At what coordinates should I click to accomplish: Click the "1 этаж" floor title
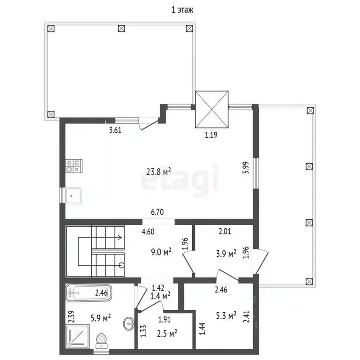point(182,10)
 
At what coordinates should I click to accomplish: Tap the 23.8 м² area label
point(158,172)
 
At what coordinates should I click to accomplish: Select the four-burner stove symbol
point(74,166)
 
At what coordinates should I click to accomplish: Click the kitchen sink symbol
point(74,196)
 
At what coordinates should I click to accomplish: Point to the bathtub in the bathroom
point(89,292)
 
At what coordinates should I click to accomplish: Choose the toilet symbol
point(101,340)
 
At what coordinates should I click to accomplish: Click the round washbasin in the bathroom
point(129,324)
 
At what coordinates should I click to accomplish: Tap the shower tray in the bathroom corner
point(77,336)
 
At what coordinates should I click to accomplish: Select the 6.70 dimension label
point(157,212)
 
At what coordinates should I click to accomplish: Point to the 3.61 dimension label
point(115,130)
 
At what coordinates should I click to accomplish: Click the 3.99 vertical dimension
point(246,168)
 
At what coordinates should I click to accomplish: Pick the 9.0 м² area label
point(161,252)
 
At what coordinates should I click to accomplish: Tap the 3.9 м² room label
point(226,254)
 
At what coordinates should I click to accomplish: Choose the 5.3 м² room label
point(226,315)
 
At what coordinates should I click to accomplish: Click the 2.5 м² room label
point(167,333)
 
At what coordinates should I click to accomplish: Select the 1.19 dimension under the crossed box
point(211,135)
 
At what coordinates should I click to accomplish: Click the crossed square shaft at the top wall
point(212,109)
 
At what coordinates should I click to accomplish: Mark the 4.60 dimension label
point(148,232)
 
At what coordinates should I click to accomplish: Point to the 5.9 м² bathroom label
point(101,318)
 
